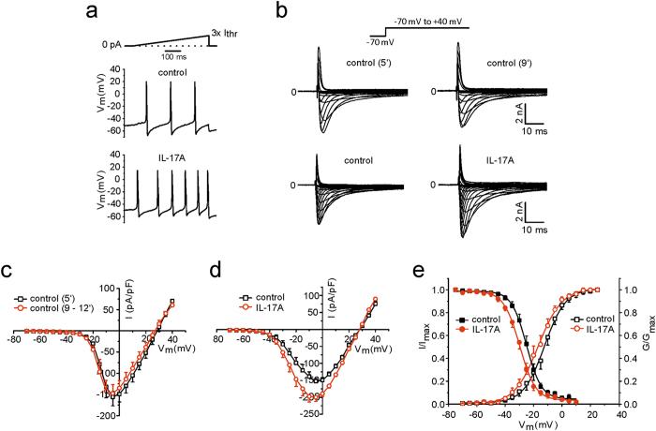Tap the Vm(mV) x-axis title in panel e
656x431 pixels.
coord(535,424)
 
